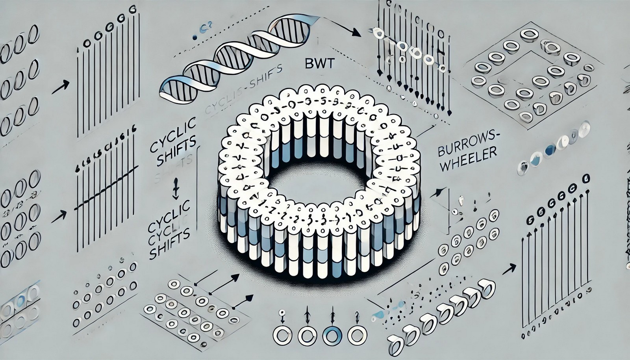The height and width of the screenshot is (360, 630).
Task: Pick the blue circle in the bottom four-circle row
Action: coord(331,336)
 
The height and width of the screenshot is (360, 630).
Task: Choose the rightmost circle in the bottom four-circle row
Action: coord(356,336)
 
